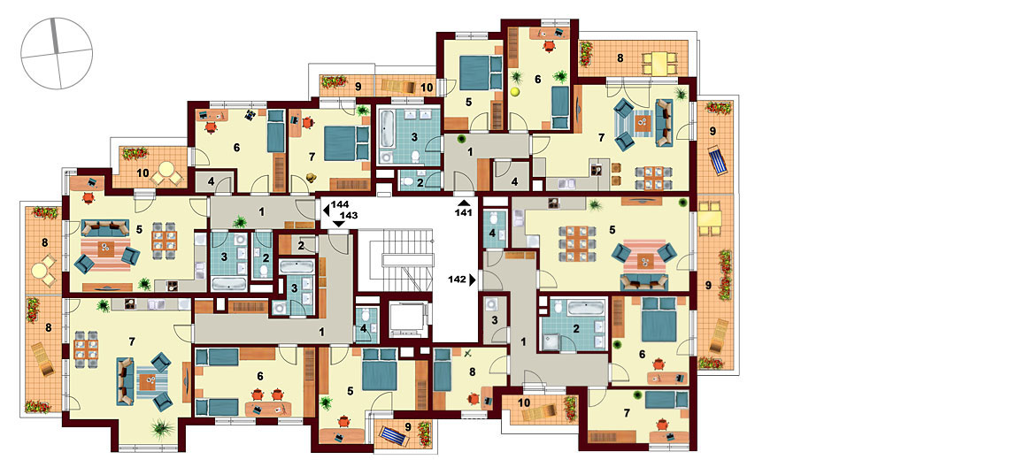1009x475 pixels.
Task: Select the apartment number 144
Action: click(341, 208)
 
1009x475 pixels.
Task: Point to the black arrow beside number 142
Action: click(473, 280)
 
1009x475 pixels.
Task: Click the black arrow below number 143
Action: click(339, 223)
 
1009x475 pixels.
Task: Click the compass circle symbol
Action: click(57, 53)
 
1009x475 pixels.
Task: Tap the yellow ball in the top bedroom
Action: click(515, 92)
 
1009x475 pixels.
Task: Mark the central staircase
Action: click(396, 260)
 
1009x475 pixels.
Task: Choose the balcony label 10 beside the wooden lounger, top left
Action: click(427, 88)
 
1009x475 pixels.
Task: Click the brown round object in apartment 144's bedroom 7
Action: click(312, 178)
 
